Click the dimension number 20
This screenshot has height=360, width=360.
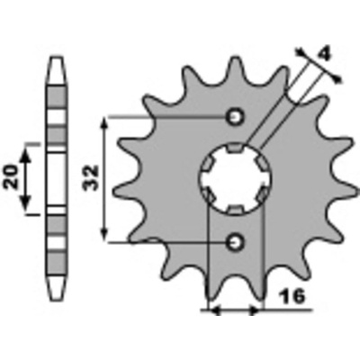coord(12,176)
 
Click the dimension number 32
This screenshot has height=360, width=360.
coord(90,177)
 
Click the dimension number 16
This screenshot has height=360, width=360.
coord(292,297)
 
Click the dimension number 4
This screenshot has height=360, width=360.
coord(324,55)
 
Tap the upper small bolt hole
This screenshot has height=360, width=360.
coord(235,117)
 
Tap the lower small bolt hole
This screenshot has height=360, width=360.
coord(235,242)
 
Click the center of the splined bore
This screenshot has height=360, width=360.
coord(235,179)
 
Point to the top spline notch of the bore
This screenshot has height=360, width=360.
coord(235,148)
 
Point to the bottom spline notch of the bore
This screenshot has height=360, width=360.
coord(235,210)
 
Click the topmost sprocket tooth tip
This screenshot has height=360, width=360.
coord(234,58)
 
